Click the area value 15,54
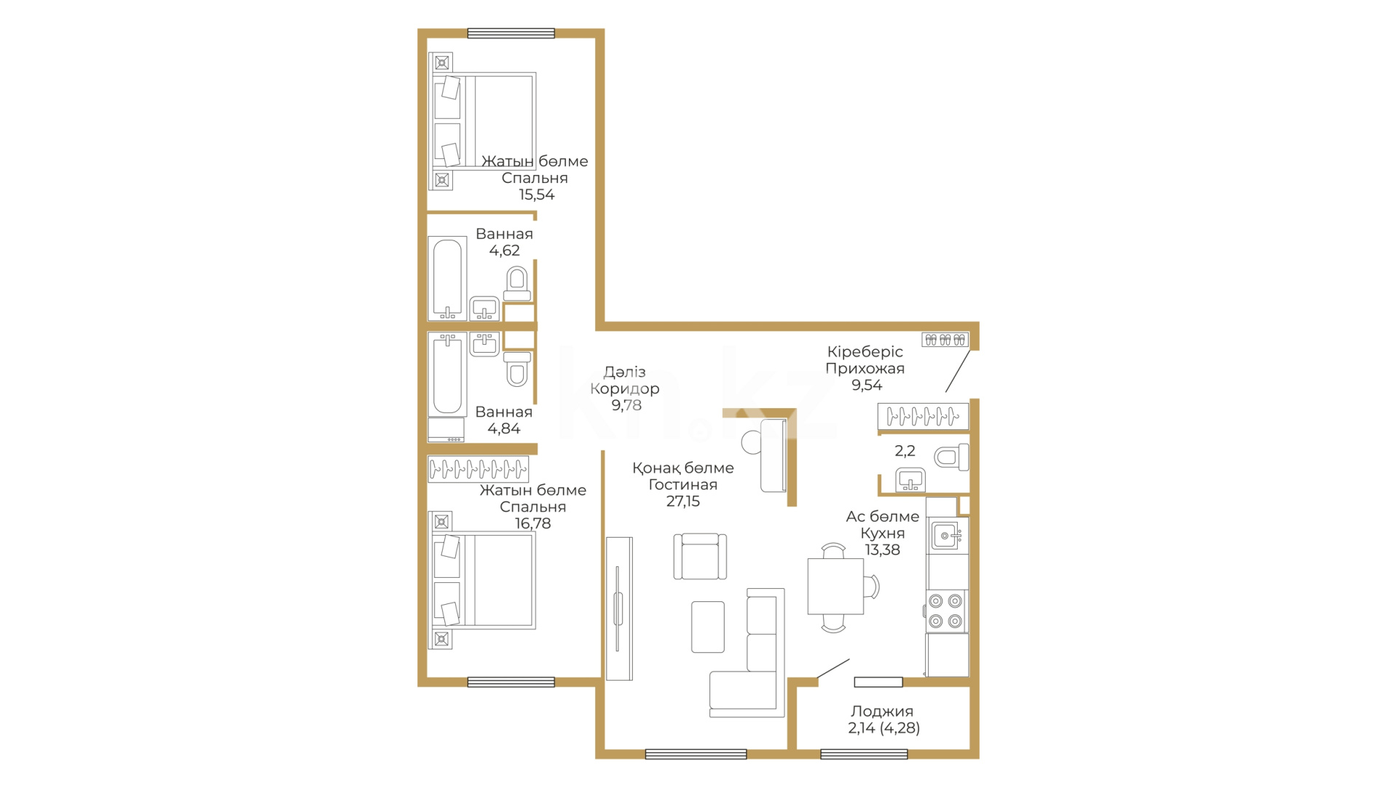[536, 195]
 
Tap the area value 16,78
[532, 523]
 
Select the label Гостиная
[682, 485]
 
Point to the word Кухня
[882, 533]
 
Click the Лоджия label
[881, 711]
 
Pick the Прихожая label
[865, 369]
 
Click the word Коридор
[624, 389]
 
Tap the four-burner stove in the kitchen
[945, 611]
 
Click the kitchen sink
[948, 536]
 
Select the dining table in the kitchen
[835, 587]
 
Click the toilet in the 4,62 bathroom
[517, 283]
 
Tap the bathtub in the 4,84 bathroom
[447, 375]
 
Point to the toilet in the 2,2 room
[952, 458]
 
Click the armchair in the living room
[700, 556]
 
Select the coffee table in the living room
[707, 627]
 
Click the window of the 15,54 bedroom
[511, 33]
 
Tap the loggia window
[864, 754]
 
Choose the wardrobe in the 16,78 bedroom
[479, 469]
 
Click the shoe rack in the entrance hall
[945, 340]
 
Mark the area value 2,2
[905, 451]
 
